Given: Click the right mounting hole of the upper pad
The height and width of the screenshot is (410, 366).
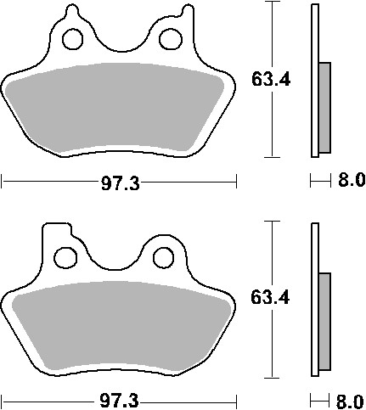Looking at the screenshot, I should pyautogui.click(x=171, y=37).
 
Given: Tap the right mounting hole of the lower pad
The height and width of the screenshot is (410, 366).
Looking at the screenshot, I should pyautogui.click(x=163, y=253).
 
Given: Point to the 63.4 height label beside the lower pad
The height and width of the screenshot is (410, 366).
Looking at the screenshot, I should pyautogui.click(x=267, y=298).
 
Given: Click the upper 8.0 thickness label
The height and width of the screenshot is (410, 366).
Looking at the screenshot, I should pyautogui.click(x=351, y=180).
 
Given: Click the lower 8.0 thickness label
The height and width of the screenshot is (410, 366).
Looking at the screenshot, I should pyautogui.click(x=351, y=398).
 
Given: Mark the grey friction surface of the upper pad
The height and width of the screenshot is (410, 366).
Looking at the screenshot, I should pyautogui.click(x=119, y=110).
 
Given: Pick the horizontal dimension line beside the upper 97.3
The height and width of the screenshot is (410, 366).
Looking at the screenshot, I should pyautogui.click(x=51, y=181).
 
